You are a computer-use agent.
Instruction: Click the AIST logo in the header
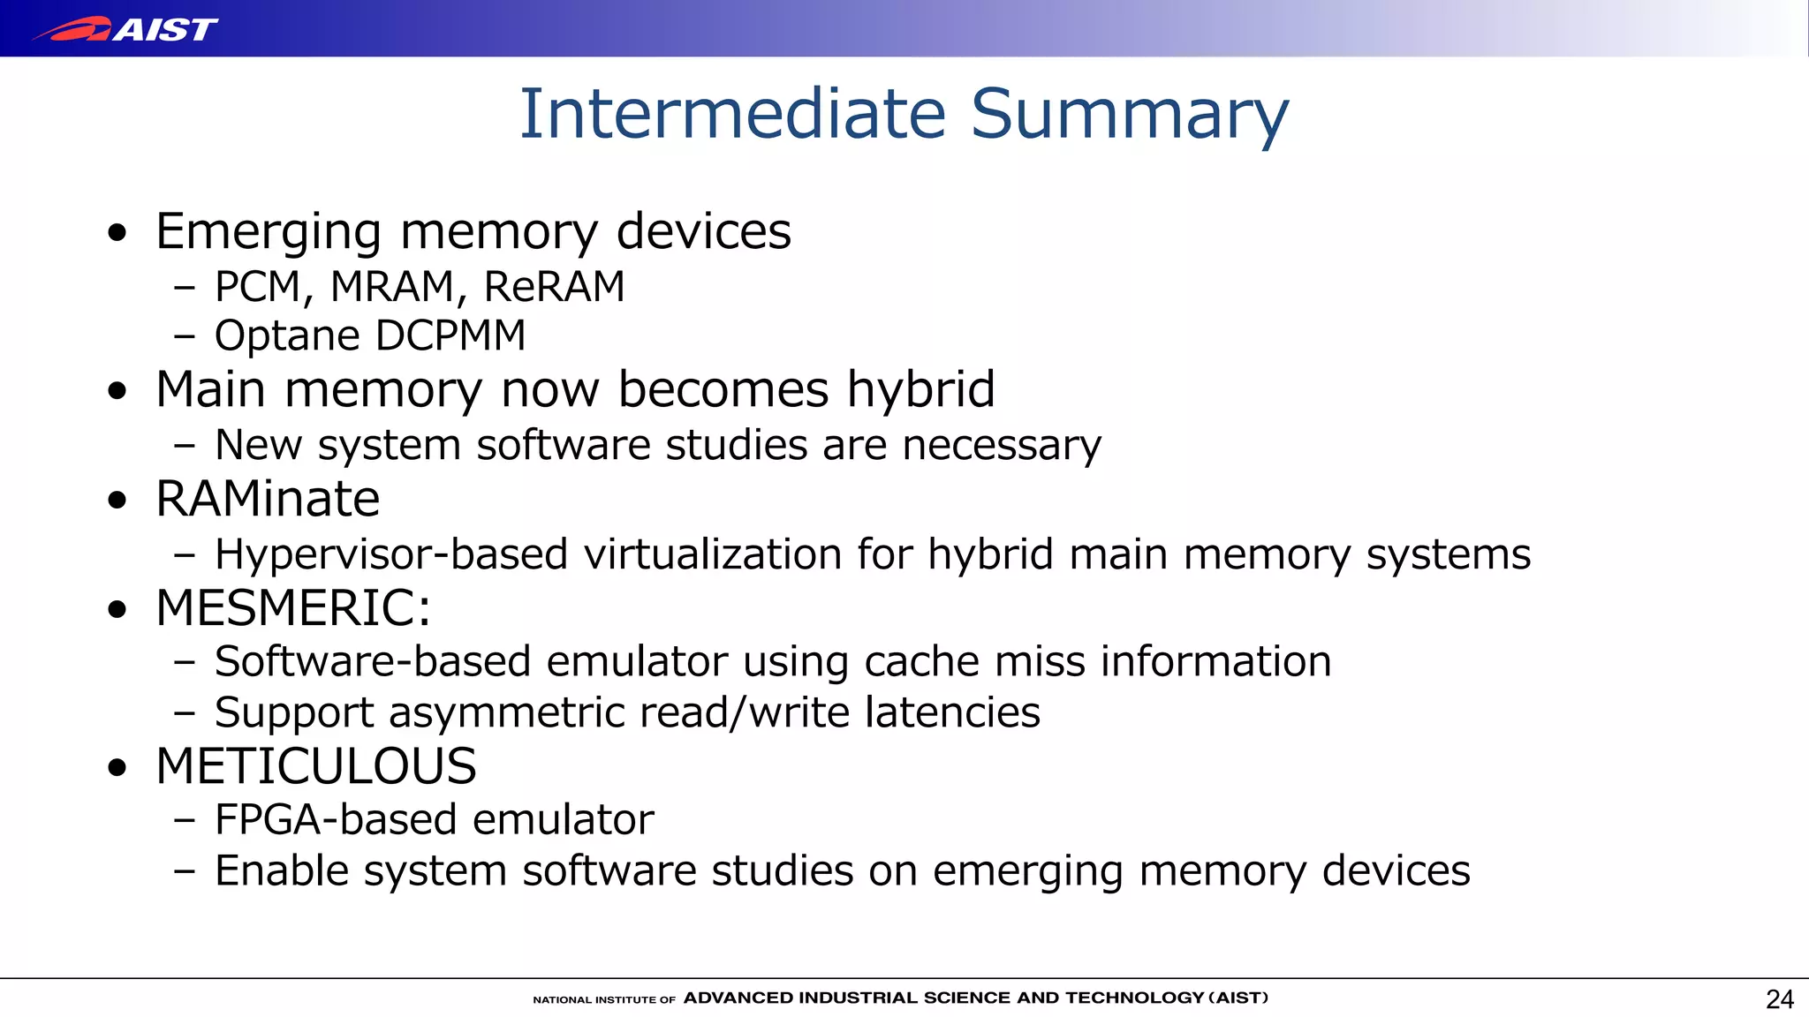tap(125, 29)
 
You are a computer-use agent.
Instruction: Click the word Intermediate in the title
tap(732, 114)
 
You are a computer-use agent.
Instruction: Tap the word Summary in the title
tap(1130, 116)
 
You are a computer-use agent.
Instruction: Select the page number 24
tap(1779, 999)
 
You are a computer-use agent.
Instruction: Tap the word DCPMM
tap(450, 335)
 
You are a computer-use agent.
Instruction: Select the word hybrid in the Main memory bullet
tap(920, 389)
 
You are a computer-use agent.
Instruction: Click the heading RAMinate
tap(268, 499)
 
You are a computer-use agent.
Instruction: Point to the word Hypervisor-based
tap(390, 555)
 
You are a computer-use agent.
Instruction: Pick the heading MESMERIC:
tap(293, 608)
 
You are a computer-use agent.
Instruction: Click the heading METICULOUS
tap(316, 766)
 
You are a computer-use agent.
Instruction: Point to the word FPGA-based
tap(335, 820)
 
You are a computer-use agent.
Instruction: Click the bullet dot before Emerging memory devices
tap(117, 234)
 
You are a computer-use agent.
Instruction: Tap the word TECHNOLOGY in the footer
tap(1134, 998)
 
